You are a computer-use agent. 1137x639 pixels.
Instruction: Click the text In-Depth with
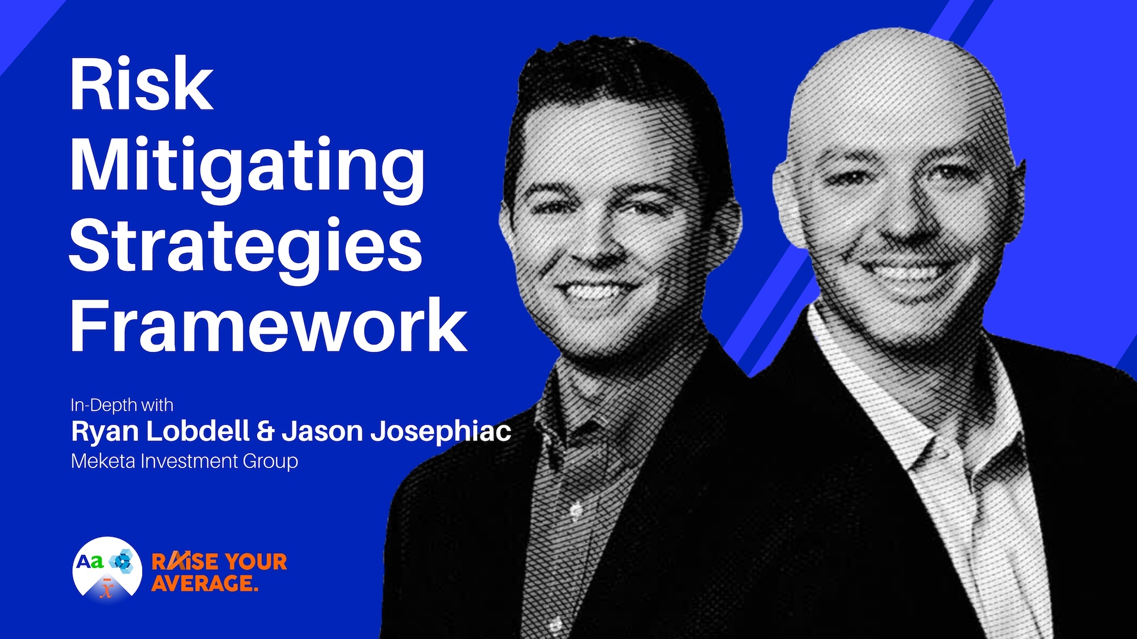[122, 405]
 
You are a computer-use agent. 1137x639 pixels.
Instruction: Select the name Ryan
[105, 431]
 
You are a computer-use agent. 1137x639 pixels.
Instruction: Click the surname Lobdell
[198, 431]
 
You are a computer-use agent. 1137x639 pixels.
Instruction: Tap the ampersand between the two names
[265, 431]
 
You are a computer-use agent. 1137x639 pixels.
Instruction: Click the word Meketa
[103, 461]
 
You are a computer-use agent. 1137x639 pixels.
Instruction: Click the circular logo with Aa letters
[107, 569]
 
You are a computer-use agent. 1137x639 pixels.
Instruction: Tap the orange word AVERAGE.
[204, 583]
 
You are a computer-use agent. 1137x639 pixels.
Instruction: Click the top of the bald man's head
[888, 53]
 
